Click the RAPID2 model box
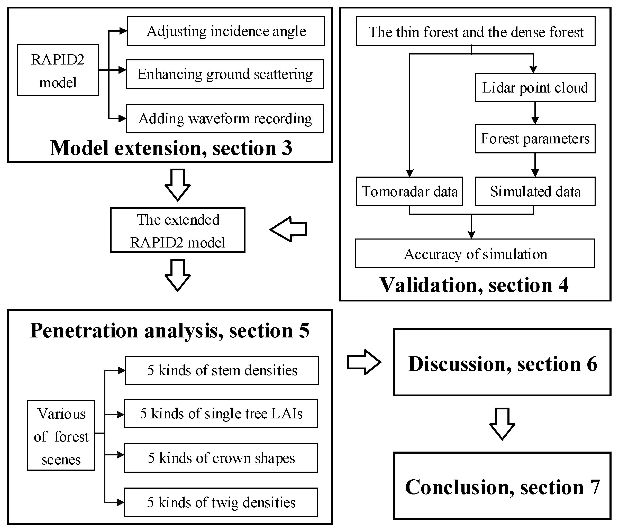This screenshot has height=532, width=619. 58,70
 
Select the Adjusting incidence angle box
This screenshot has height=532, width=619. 226,31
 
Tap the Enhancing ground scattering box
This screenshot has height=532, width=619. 225,74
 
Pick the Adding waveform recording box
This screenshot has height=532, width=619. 225,118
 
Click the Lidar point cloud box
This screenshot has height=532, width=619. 535,88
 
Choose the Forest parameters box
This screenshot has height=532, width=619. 535,139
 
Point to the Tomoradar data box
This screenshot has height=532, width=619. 409,191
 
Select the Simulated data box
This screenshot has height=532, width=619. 535,191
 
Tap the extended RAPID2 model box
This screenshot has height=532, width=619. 178,230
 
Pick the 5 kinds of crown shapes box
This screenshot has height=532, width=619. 221,458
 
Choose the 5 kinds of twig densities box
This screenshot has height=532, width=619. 221,502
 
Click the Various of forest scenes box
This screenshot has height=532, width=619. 61,436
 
